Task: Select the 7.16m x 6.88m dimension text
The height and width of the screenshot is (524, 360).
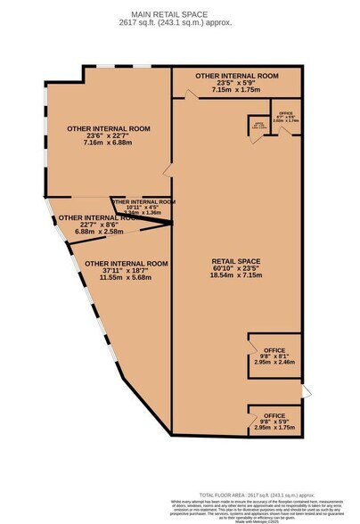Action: coord(107,143)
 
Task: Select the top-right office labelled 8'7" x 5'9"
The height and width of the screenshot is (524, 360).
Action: coord(285,117)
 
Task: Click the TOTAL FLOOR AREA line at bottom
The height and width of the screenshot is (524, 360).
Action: coord(252,493)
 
